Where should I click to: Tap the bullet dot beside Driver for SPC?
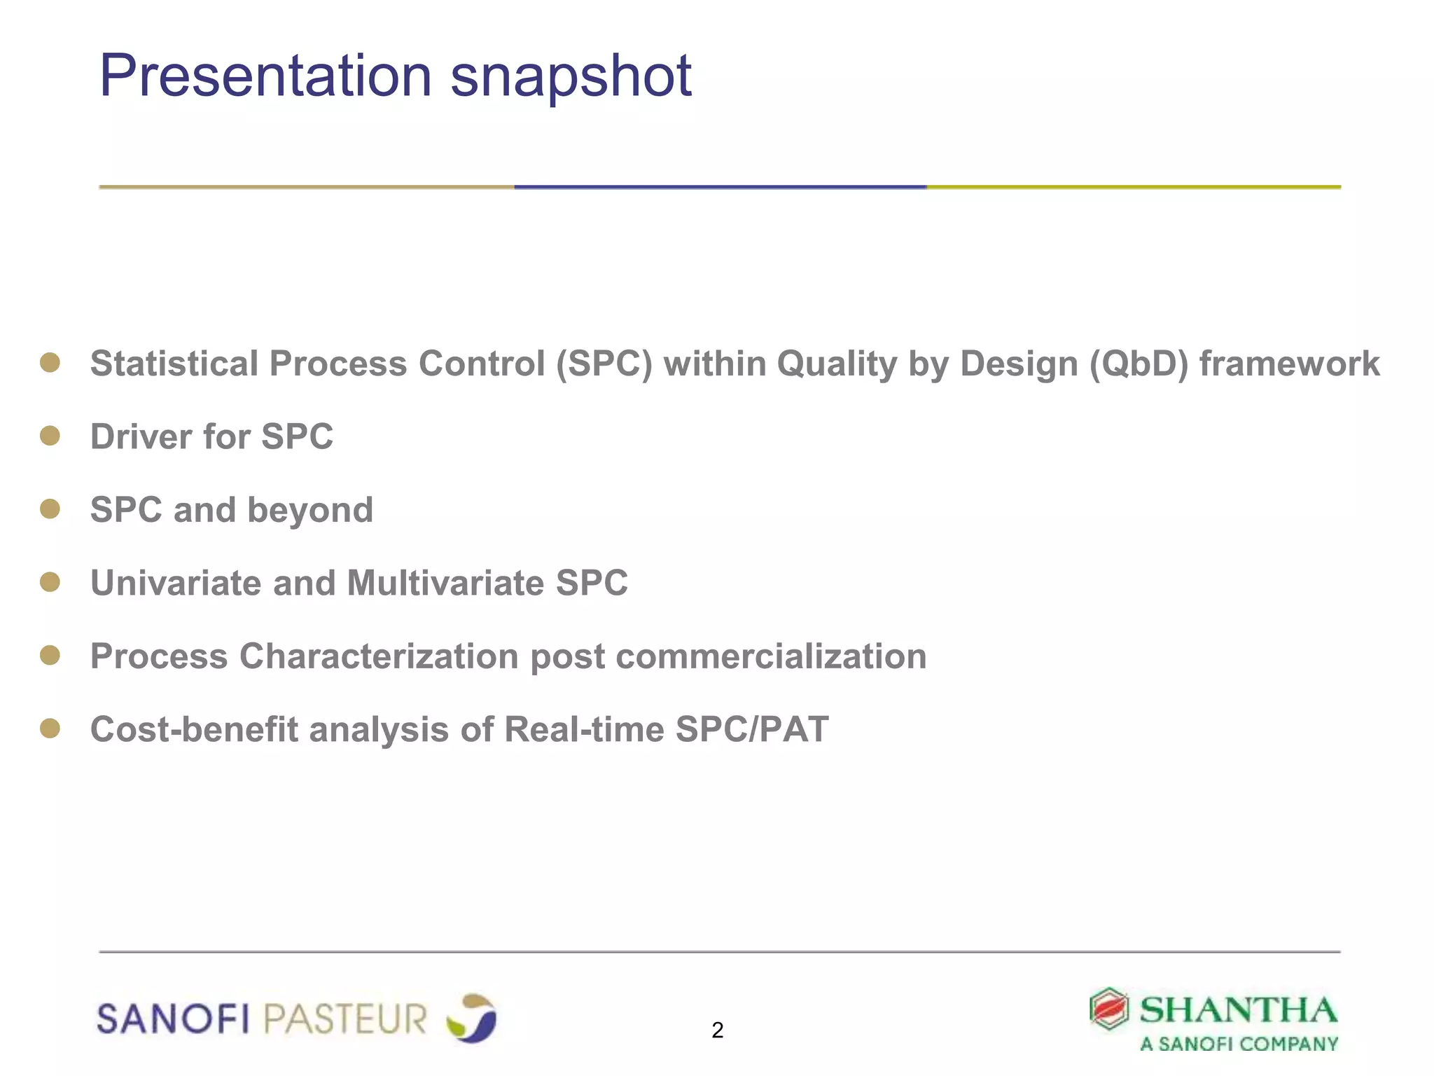[50, 436]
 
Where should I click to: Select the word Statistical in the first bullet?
[174, 364]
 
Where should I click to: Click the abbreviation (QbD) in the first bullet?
[1139, 364]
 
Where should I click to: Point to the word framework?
[1289, 364]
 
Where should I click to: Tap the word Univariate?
[176, 583]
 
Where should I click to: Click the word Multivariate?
[445, 583]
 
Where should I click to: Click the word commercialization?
[771, 656]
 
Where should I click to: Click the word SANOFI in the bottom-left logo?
[173, 1019]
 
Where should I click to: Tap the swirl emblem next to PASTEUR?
[472, 1018]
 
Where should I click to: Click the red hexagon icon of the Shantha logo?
[1109, 1009]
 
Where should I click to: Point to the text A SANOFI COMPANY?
[1239, 1044]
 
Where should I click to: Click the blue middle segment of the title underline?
[720, 187]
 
